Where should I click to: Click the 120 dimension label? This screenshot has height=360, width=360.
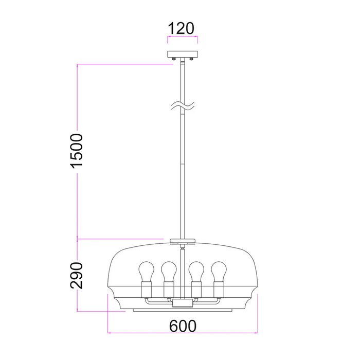pyautogui.click(x=181, y=28)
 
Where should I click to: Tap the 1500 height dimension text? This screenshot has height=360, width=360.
pyautogui.click(x=77, y=151)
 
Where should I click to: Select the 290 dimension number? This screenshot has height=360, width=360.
pyautogui.click(x=77, y=275)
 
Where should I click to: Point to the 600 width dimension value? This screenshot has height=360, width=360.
pyautogui.click(x=183, y=326)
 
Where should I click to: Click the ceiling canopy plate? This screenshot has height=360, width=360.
pyautogui.click(x=183, y=55)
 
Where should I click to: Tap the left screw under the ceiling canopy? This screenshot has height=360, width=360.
pyautogui.click(x=174, y=59)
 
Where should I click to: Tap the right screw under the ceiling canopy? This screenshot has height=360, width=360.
pyautogui.click(x=191, y=59)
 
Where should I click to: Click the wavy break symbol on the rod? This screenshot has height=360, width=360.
pyautogui.click(x=183, y=105)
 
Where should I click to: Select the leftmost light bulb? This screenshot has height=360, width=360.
pyautogui.click(x=147, y=272)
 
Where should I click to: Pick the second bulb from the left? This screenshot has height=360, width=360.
pyautogui.click(x=169, y=272)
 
